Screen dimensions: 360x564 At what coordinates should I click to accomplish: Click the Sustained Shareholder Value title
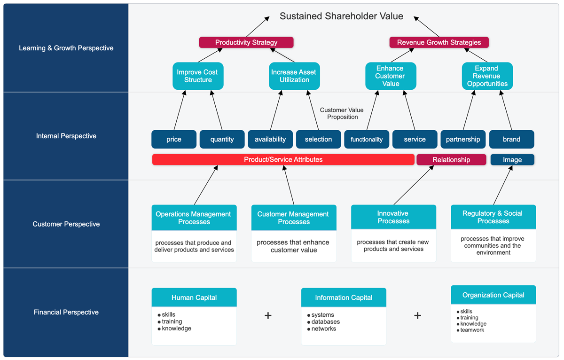(x=341, y=16)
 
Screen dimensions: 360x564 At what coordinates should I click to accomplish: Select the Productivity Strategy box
(x=246, y=42)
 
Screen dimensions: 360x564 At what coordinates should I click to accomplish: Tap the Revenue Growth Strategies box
(x=439, y=42)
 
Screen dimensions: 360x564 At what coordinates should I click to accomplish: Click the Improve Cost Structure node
(x=198, y=76)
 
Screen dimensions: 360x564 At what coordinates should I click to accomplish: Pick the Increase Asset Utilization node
(x=294, y=76)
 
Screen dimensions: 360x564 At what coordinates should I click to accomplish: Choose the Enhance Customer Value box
(x=391, y=76)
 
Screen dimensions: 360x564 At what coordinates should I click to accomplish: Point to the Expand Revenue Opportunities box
(x=487, y=76)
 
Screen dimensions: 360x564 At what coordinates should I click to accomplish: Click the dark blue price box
(x=174, y=139)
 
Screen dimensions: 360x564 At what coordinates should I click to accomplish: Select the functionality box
(x=367, y=139)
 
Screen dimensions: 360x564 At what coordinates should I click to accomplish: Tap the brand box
(x=511, y=139)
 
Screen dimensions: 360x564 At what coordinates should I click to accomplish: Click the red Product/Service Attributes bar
(x=283, y=160)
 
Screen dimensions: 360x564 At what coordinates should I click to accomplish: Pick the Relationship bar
(x=451, y=160)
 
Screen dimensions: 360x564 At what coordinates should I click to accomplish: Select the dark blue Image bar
(x=512, y=160)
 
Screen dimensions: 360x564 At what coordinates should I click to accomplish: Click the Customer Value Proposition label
(x=342, y=113)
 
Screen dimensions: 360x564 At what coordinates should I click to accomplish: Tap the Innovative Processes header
(x=393, y=217)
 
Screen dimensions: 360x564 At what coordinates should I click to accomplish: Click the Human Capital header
(x=194, y=297)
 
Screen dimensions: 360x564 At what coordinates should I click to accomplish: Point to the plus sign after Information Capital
(x=417, y=315)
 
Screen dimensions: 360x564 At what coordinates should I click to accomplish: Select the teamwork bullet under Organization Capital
(x=472, y=330)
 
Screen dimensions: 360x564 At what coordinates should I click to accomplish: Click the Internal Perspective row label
(x=66, y=136)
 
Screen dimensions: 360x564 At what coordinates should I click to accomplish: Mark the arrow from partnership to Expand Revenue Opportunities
(x=469, y=110)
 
